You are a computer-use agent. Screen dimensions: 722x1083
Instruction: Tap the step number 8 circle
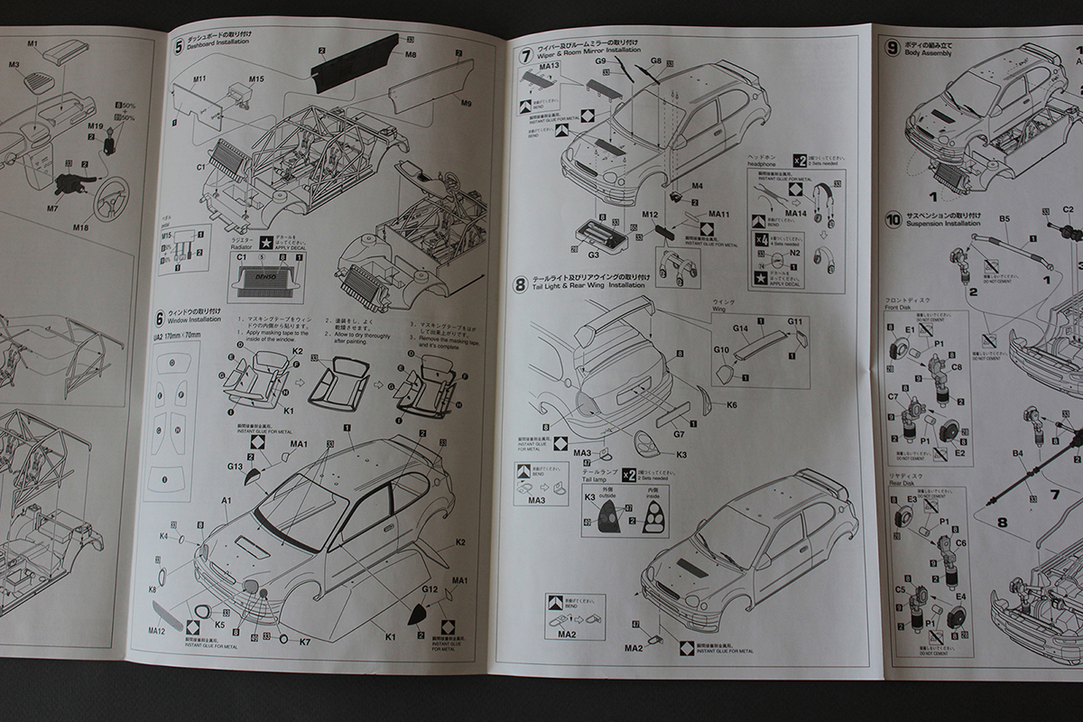[x=521, y=285]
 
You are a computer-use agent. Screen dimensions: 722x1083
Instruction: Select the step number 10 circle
[x=893, y=219]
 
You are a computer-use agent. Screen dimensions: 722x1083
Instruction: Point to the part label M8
[x=411, y=55]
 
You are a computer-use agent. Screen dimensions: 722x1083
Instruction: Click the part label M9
[x=466, y=104]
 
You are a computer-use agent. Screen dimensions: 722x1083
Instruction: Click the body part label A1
[x=227, y=500]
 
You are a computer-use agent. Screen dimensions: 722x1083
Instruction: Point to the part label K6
[x=730, y=405]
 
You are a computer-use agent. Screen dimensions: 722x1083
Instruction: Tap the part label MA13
[x=550, y=66]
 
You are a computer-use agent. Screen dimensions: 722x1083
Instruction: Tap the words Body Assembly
[x=930, y=52]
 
